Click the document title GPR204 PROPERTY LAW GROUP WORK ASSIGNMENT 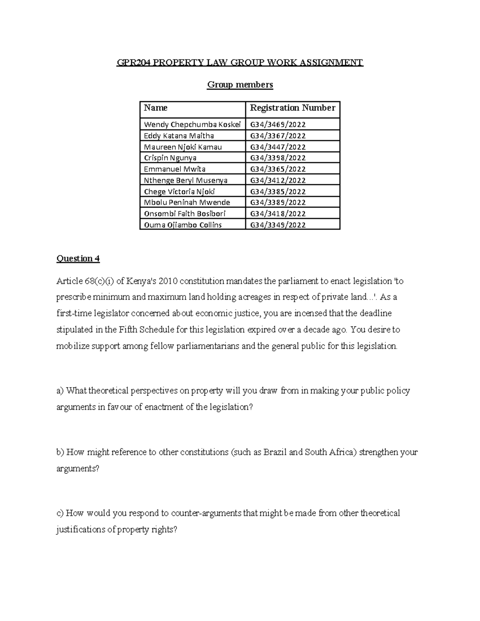tap(240, 62)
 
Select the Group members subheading tap(240, 84)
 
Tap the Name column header tap(156, 108)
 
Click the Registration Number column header tap(292, 108)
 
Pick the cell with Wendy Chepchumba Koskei tap(192, 124)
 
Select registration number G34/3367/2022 tap(278, 136)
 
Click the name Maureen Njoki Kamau tap(182, 147)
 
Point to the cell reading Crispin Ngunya tap(170, 158)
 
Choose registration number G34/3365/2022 tap(278, 169)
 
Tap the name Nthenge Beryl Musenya tap(186, 180)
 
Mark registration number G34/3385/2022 tap(278, 191)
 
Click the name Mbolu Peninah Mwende tap(187, 202)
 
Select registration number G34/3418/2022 tap(278, 214)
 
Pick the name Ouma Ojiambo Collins tap(182, 225)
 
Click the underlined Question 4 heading tap(78, 258)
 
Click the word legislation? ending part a tap(232, 407)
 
